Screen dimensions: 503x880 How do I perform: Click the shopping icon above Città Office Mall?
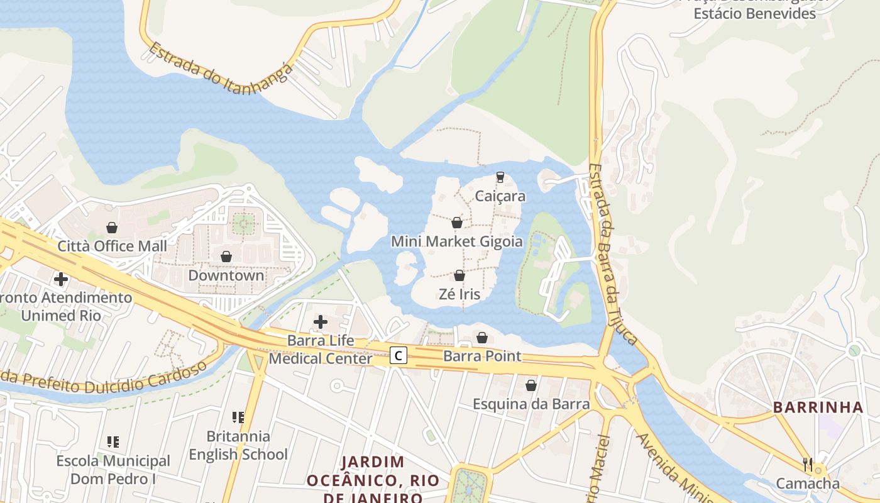(x=112, y=228)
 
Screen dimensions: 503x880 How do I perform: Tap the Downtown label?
(x=226, y=275)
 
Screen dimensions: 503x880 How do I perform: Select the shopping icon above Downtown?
(x=226, y=257)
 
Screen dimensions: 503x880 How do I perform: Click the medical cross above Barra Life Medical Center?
(x=321, y=323)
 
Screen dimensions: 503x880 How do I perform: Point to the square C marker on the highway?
(x=398, y=356)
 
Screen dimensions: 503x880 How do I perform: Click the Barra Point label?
(x=482, y=356)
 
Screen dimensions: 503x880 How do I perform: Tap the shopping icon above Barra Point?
(x=482, y=338)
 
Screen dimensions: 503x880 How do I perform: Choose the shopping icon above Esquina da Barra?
(x=531, y=385)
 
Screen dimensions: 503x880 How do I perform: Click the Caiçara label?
(x=500, y=196)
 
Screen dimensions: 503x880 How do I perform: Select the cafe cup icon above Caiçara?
(x=500, y=177)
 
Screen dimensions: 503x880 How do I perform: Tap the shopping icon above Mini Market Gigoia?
(x=457, y=223)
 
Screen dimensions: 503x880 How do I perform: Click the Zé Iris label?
(x=460, y=294)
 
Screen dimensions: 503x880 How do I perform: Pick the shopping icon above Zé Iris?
(x=459, y=275)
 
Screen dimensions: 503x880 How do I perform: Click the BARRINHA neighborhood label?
(x=818, y=407)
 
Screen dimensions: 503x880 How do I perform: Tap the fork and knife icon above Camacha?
(x=808, y=465)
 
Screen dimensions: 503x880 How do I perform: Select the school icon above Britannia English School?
(x=238, y=417)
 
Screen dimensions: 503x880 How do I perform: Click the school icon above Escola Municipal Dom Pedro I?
(x=113, y=442)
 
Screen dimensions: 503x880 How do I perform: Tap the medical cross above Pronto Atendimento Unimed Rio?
(x=61, y=279)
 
